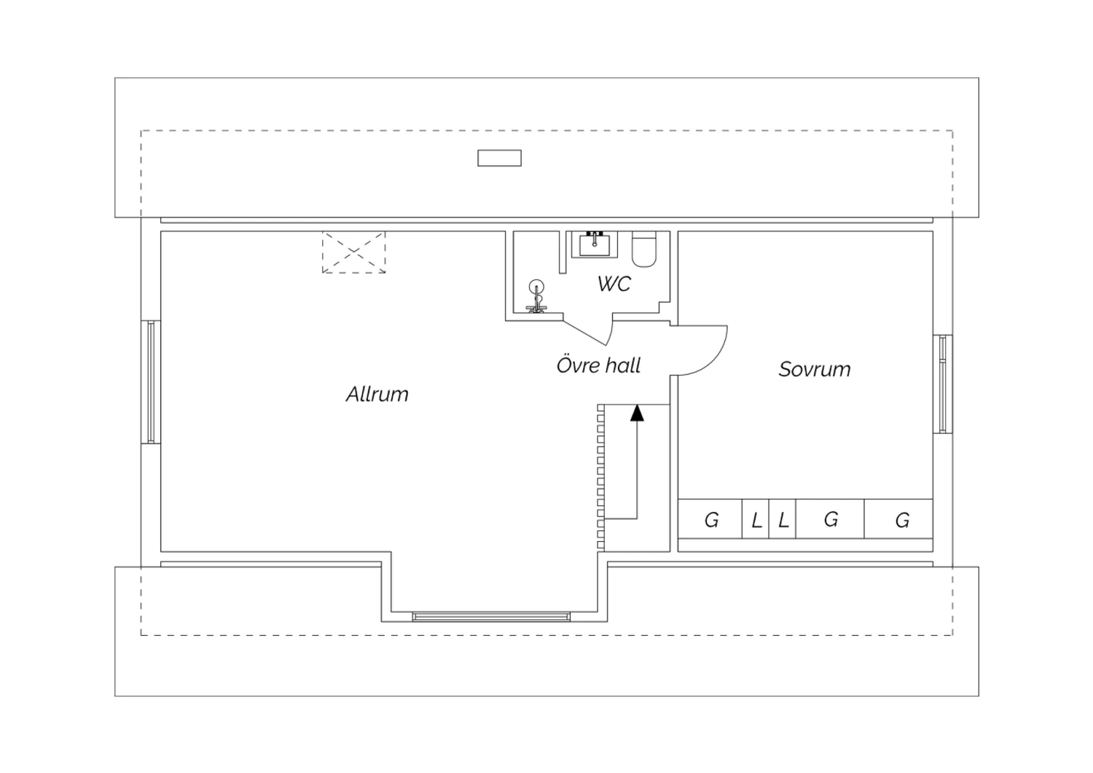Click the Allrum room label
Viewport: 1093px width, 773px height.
(377, 394)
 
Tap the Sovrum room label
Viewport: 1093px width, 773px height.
(815, 369)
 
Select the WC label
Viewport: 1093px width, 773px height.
(614, 283)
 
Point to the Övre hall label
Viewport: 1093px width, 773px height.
(598, 365)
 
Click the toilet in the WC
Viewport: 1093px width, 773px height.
(644, 249)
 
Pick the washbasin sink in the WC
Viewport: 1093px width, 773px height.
(595, 244)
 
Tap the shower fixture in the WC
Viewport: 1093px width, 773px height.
(536, 296)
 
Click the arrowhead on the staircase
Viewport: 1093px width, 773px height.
(637, 413)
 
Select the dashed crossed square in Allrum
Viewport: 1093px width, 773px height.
(353, 252)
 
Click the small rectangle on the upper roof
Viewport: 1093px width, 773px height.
(499, 158)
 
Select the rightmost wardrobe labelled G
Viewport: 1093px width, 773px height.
(898, 518)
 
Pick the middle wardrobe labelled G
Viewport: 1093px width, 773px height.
(830, 518)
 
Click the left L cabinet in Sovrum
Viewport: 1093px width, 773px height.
(756, 518)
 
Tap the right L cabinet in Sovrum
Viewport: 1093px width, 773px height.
(782, 518)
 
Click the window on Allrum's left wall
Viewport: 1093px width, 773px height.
(151, 382)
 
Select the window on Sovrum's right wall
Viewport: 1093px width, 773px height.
(943, 384)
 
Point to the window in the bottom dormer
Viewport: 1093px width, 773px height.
(491, 617)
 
